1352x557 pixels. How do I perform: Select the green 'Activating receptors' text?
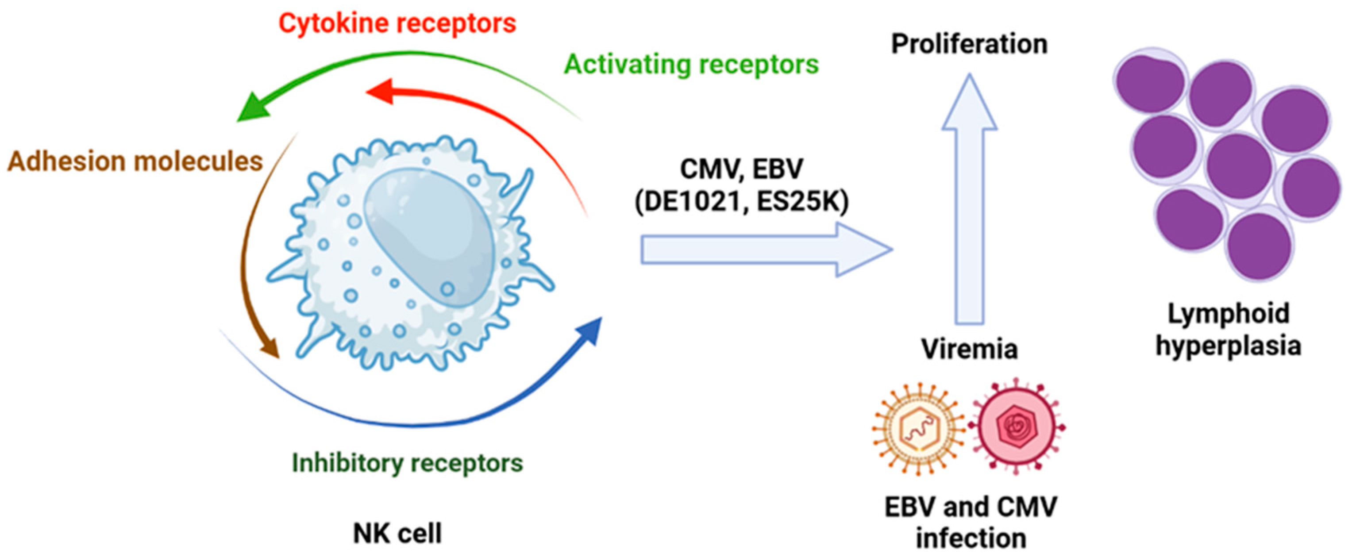(x=691, y=65)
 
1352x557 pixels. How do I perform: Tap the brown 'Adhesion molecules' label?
(x=135, y=161)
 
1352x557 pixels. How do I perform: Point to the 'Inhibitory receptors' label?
(x=407, y=463)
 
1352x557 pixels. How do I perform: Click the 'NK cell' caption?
(x=397, y=534)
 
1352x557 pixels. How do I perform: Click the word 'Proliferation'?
(x=969, y=44)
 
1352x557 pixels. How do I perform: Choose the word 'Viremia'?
(x=969, y=349)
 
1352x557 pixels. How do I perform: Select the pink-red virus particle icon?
(x=1016, y=427)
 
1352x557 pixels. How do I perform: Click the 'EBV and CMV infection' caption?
(x=971, y=522)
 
